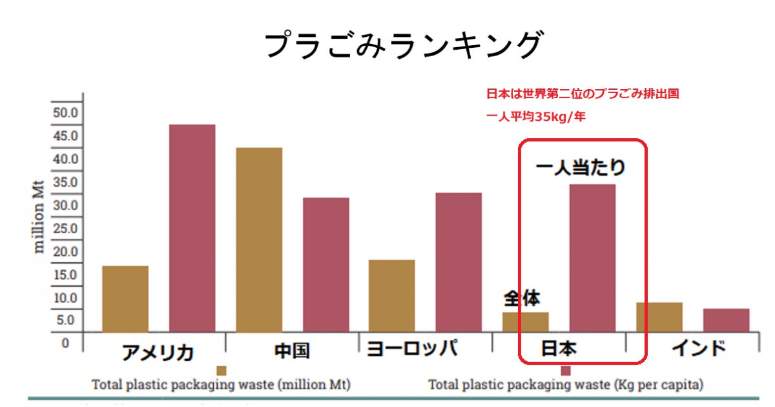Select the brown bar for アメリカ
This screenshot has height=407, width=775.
pyautogui.click(x=125, y=298)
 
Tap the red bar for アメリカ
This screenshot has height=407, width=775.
pyautogui.click(x=192, y=228)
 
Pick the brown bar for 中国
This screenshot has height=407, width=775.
pyautogui.click(x=259, y=240)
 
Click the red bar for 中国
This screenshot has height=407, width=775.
pyautogui.click(x=325, y=265)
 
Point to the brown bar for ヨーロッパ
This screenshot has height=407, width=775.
pyautogui.click(x=391, y=296)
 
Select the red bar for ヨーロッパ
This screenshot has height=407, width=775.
pyautogui.click(x=459, y=262)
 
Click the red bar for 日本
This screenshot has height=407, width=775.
pyautogui.click(x=592, y=258)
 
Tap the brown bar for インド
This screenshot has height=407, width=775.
pyautogui.click(x=659, y=317)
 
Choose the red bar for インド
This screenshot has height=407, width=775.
pyautogui.click(x=726, y=320)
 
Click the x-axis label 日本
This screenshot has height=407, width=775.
pyautogui.click(x=559, y=350)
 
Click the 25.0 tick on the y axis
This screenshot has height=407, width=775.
pyautogui.click(x=65, y=229)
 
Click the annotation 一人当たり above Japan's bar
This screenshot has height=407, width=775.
pyautogui.click(x=581, y=168)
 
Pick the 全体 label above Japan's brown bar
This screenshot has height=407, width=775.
pyautogui.click(x=522, y=298)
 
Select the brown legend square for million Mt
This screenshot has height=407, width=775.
pyautogui.click(x=222, y=371)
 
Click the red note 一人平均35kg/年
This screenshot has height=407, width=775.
pyautogui.click(x=536, y=118)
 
